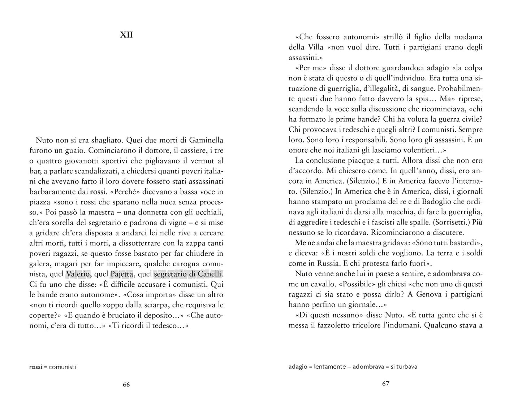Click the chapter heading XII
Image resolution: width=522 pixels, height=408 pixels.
(126, 35)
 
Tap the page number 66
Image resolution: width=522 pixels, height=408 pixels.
(126, 385)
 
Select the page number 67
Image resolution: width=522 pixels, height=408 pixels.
(385, 383)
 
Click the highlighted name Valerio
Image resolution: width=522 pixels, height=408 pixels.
(78, 274)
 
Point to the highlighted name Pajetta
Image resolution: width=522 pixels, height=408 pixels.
(122, 274)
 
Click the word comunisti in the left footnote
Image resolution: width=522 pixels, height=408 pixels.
(62, 367)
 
